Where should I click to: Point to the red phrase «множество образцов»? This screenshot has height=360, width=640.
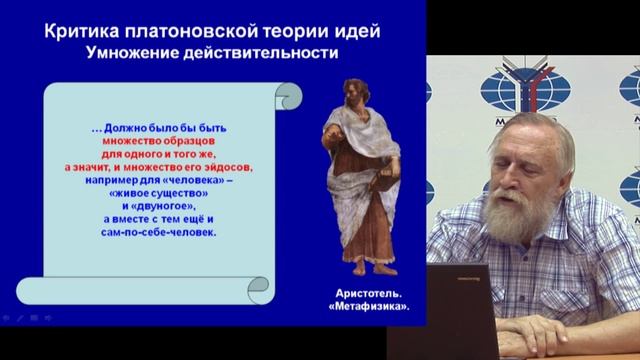165,143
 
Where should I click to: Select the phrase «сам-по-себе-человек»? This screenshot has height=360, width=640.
165,232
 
